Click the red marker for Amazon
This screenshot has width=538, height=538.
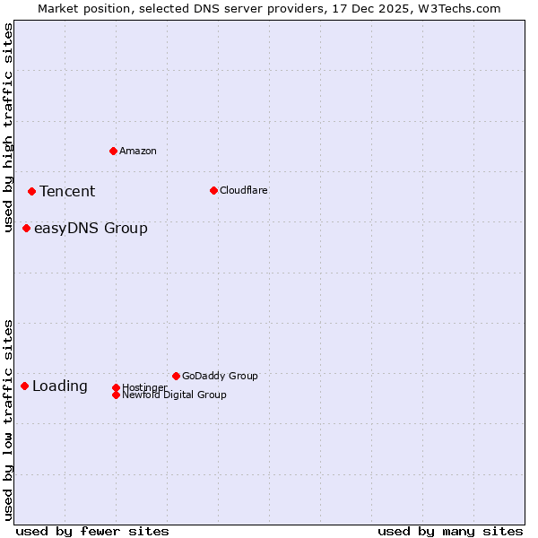[x=113, y=151]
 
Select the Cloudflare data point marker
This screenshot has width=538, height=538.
[x=213, y=190]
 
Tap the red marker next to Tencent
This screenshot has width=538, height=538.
[x=31, y=191]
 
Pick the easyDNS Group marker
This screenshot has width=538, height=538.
[x=26, y=228]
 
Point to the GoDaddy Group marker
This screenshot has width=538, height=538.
[x=176, y=376]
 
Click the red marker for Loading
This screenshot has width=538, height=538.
[x=24, y=386]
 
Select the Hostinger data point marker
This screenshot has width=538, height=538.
[x=116, y=387]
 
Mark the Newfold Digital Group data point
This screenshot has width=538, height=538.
[x=116, y=395]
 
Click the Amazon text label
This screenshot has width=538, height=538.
[x=138, y=151]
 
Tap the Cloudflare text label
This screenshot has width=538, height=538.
[x=244, y=190]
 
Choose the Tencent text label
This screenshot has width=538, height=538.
[x=67, y=191]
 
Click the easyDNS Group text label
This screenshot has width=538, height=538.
[x=91, y=228]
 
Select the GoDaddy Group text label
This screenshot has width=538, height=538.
[x=220, y=376]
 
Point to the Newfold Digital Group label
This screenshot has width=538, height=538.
[x=175, y=395]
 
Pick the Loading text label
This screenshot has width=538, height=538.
[x=60, y=386]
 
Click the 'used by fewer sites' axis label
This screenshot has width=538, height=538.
[x=92, y=531]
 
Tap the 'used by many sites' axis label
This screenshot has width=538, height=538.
[x=450, y=531]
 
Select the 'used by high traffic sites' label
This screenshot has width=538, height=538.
[x=9, y=127]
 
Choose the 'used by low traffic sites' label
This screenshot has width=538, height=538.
[x=9, y=420]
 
